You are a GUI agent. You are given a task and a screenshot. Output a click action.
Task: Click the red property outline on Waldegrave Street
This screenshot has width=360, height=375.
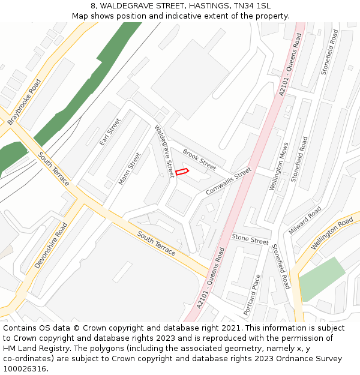[x=182, y=172]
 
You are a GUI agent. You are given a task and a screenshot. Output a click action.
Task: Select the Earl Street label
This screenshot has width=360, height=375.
[x=110, y=132]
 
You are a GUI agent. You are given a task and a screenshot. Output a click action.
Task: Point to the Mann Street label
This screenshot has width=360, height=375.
[x=130, y=169]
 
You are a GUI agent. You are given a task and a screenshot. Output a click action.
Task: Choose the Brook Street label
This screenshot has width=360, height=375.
[x=199, y=160]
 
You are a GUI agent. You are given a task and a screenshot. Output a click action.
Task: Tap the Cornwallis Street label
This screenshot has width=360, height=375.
[x=228, y=181]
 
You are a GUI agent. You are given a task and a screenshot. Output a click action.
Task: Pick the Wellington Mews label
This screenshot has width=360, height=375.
[x=279, y=167]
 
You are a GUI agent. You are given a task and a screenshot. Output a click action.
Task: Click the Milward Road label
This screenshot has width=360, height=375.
[x=305, y=220]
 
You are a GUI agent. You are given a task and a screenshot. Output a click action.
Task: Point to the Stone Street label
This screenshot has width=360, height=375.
[x=250, y=240]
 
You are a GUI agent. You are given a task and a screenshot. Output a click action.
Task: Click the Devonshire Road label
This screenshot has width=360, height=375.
[x=51, y=245]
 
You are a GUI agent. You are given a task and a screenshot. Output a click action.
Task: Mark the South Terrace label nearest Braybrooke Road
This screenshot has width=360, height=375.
[x=54, y=169]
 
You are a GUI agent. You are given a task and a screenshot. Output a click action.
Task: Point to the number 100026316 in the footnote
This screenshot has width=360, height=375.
[x=23, y=368]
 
